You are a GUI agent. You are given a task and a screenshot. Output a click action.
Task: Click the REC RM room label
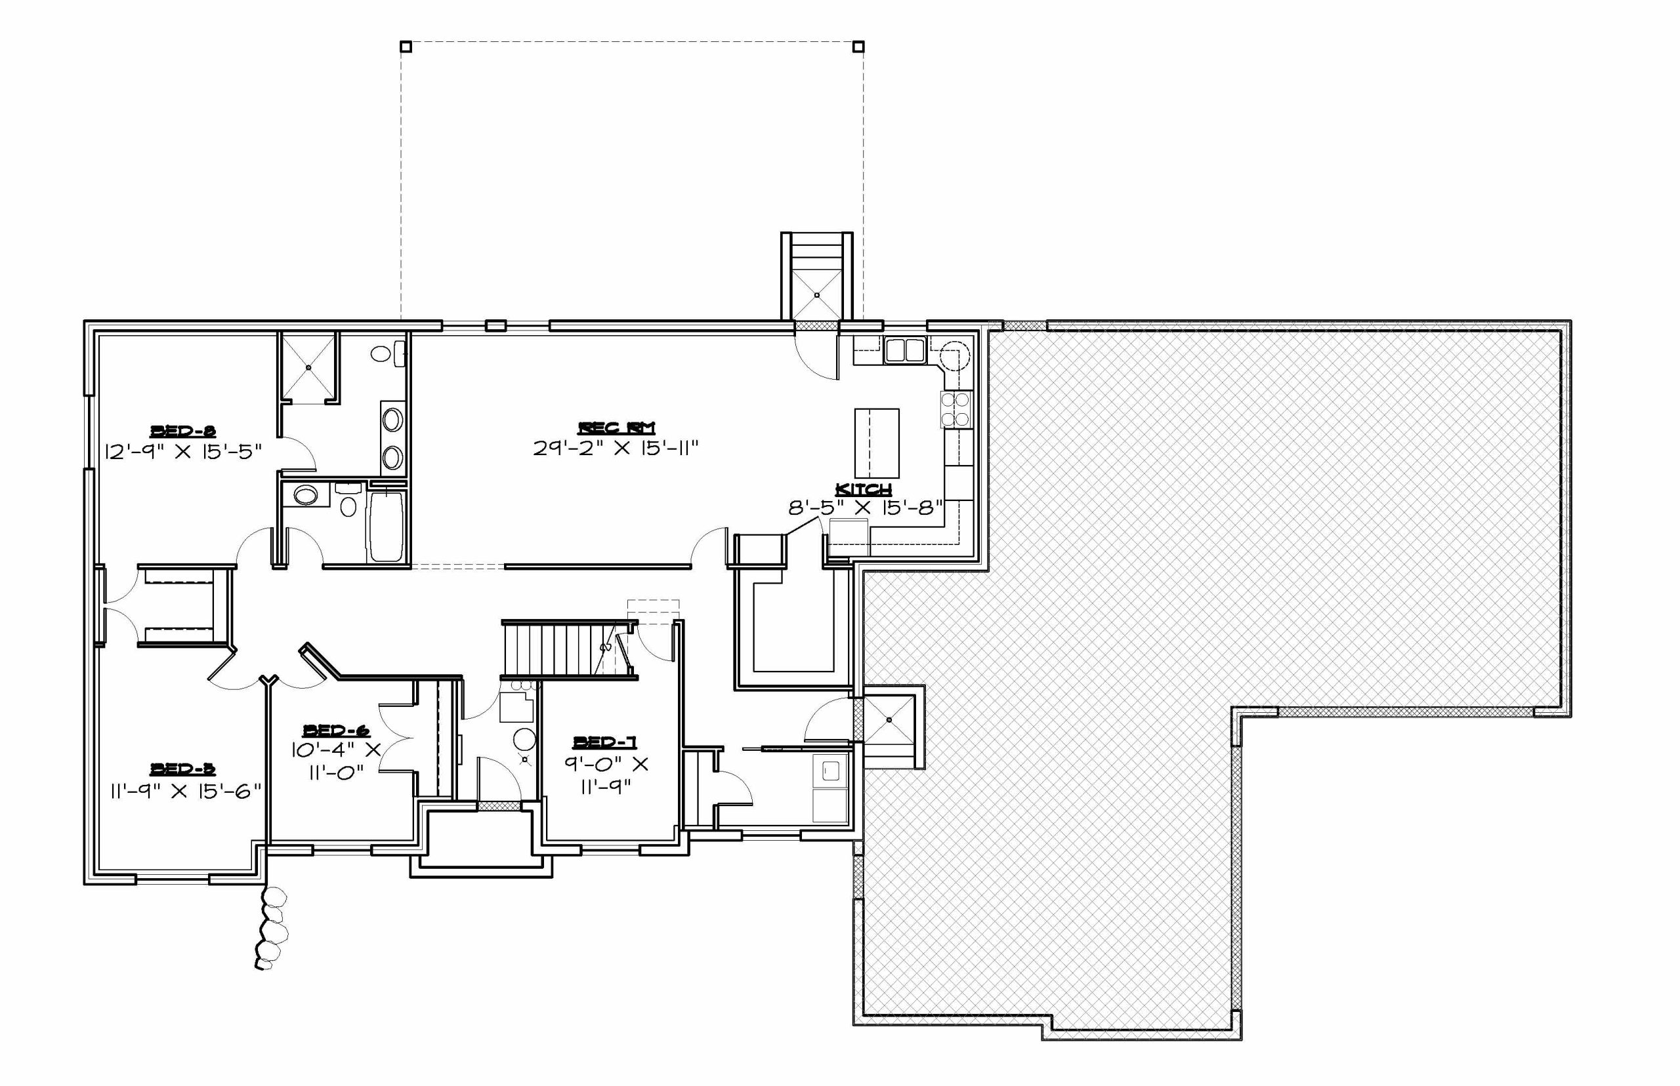coord(616,428)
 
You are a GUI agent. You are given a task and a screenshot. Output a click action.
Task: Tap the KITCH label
coord(863,489)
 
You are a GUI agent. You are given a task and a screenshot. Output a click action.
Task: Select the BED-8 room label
coord(182,431)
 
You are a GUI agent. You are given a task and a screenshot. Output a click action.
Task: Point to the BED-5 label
coord(182,768)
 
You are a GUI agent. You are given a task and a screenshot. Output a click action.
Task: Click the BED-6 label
coord(336,730)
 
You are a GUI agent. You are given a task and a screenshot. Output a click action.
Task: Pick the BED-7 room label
coord(604,741)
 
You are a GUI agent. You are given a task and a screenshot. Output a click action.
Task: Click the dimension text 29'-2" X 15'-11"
coord(616,448)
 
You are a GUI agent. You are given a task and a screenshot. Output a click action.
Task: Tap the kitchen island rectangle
coord(876,443)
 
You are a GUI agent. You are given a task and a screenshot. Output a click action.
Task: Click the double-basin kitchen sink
coord(904,350)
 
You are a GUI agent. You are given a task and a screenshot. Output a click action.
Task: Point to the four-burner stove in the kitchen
coord(955,410)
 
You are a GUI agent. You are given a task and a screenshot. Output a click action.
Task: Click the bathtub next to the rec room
coord(385,526)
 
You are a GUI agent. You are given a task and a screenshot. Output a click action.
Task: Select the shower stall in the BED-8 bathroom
coord(309,367)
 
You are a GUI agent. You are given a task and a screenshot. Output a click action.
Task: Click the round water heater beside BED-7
coord(524,740)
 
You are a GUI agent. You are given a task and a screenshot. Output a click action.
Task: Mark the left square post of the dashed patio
coord(406,47)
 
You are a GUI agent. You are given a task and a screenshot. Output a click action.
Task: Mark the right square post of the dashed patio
coord(858,47)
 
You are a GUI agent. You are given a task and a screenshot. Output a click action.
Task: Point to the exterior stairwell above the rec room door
coord(816,278)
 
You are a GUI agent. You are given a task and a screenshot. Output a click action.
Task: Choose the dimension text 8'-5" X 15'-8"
coord(866,508)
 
